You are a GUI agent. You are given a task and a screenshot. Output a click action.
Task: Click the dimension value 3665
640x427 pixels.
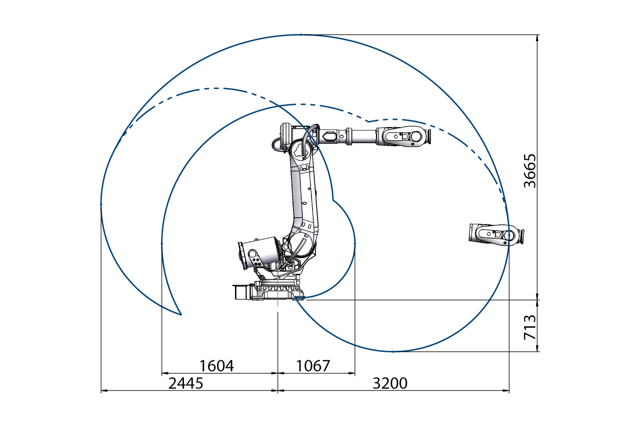pyautogui.click(x=530, y=171)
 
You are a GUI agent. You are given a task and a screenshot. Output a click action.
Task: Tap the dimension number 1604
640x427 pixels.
pyautogui.click(x=217, y=366)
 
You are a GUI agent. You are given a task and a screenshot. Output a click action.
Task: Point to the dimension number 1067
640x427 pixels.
pyautogui.click(x=313, y=366)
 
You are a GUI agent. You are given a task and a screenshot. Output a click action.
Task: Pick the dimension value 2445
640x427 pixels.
pyautogui.click(x=186, y=383)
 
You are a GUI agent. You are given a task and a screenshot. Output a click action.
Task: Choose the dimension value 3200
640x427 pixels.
pyautogui.click(x=390, y=383)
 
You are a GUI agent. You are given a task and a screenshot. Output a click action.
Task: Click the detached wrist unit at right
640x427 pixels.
pyautogui.click(x=496, y=234)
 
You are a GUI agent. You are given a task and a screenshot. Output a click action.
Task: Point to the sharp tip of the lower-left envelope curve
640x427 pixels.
pyautogui.click(x=180, y=315)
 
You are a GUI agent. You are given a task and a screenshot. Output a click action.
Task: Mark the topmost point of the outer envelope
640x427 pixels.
pyautogui.click(x=301, y=35)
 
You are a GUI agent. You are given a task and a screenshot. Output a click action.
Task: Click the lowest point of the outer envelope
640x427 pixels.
pyautogui.click(x=393, y=352)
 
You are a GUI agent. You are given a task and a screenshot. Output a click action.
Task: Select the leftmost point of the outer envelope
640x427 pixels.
pyautogui.click(x=101, y=204)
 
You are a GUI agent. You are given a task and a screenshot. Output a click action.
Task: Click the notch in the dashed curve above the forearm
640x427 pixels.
pyautogui.click(x=368, y=121)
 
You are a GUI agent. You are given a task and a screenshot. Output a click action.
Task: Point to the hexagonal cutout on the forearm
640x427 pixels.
pyautogui.click(x=330, y=136)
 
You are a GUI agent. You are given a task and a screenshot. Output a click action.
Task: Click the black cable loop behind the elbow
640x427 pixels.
pyautogui.click(x=275, y=144)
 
